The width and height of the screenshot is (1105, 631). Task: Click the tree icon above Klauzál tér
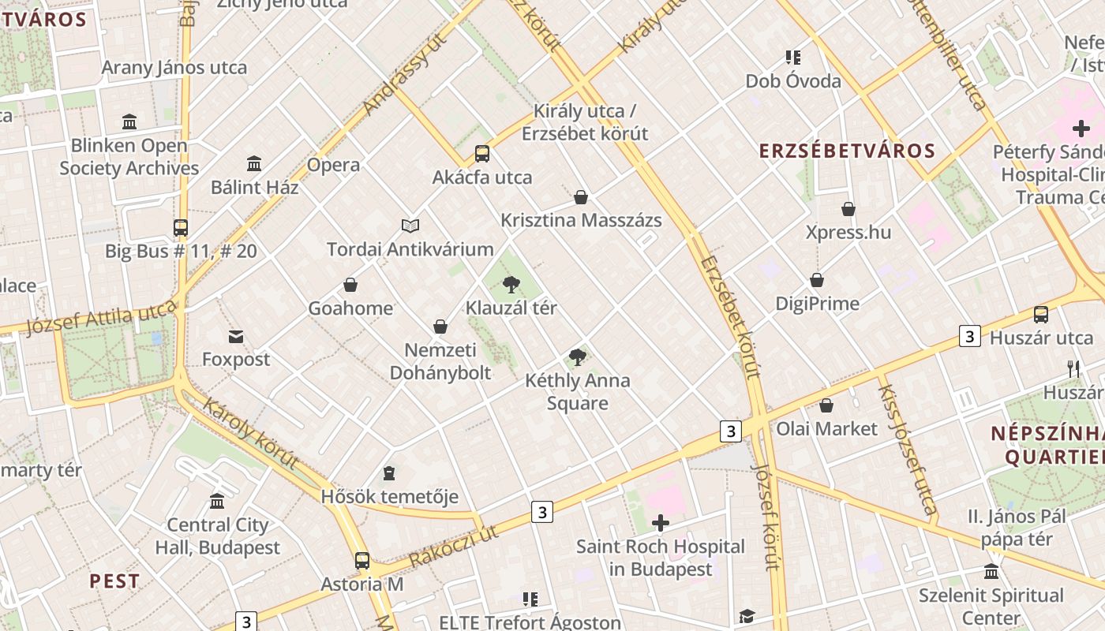[x=511, y=284]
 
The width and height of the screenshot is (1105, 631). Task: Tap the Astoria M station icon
[x=362, y=561]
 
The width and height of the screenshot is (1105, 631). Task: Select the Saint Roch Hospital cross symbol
[x=661, y=523]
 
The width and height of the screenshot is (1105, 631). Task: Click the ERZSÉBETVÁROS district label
[x=847, y=151]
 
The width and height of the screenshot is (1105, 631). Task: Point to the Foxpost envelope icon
[x=236, y=337]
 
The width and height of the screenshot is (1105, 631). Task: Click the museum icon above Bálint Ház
[x=254, y=164]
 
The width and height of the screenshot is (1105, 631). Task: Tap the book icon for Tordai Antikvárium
[x=410, y=226]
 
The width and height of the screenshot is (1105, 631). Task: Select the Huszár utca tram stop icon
[x=1041, y=315]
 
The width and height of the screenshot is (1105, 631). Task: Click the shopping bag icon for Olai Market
[x=826, y=405]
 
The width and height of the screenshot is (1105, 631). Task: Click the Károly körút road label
[x=250, y=434]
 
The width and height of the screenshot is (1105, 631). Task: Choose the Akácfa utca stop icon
[x=481, y=154]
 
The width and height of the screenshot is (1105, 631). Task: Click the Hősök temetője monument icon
[x=388, y=473]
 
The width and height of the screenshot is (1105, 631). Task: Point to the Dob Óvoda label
[x=793, y=80]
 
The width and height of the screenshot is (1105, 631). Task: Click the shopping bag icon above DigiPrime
[x=817, y=280]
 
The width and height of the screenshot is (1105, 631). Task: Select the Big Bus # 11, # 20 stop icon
[x=181, y=228]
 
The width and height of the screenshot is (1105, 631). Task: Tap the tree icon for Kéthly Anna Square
[x=578, y=357]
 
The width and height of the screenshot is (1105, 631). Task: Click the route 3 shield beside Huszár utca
[x=970, y=336]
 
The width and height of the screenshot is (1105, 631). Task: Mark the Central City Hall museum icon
[x=217, y=501]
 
